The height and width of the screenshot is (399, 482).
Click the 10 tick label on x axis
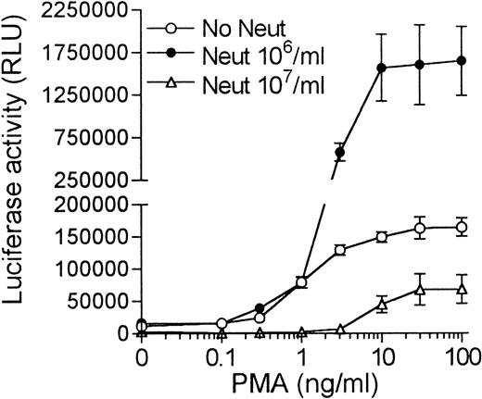380,355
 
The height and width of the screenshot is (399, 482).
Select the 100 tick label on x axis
461,355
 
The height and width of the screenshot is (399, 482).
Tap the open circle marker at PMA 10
380,236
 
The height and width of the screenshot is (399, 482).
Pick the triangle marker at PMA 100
461,289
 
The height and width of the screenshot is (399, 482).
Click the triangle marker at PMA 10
380,303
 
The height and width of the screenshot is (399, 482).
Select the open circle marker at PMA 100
461,227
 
